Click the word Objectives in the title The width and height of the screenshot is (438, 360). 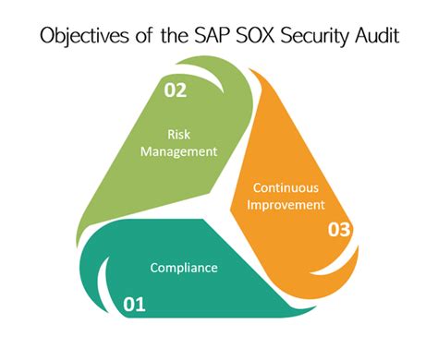pos(80,35)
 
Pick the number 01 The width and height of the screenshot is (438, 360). pos(136,301)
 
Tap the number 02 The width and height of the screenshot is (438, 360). pos(176,90)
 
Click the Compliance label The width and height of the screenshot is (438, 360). pos(184,269)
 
